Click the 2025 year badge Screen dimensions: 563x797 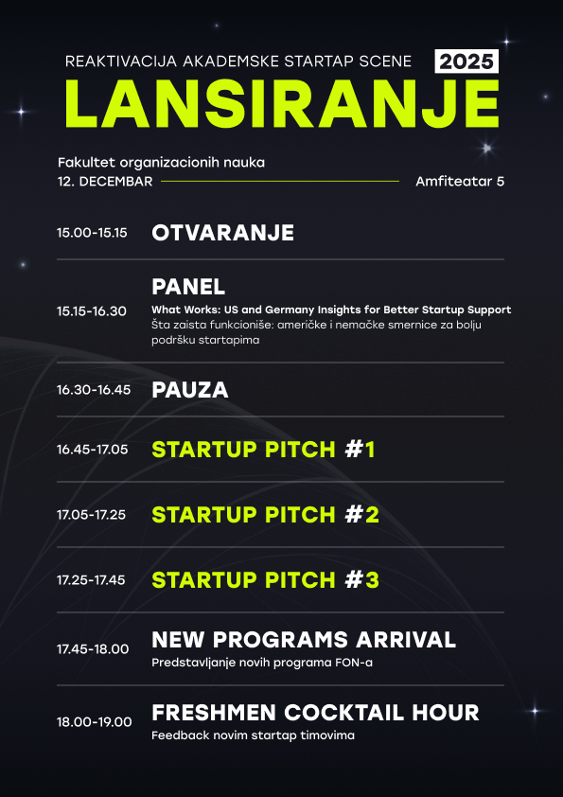466,62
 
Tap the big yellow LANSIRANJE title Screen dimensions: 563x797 282,104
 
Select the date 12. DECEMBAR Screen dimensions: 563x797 105,182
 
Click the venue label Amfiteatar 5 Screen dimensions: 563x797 460,182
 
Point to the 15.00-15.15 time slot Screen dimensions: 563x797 92,233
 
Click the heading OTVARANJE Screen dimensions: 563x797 223,233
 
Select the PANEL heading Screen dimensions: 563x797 188,287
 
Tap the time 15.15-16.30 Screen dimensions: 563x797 92,311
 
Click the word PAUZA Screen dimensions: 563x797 190,390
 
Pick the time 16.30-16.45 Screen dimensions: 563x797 94,390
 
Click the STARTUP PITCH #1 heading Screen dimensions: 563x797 263,450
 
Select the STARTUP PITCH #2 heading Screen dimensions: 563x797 265,515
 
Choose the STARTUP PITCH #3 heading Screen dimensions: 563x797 265,580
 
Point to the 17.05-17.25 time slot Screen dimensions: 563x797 91,515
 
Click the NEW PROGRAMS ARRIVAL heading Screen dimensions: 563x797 304,640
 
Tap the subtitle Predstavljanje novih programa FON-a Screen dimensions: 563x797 262,663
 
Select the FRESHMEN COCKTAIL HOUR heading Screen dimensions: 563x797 315,713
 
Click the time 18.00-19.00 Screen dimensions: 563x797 94,722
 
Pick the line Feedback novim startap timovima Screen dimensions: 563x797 253,735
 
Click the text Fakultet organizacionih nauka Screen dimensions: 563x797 161,163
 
